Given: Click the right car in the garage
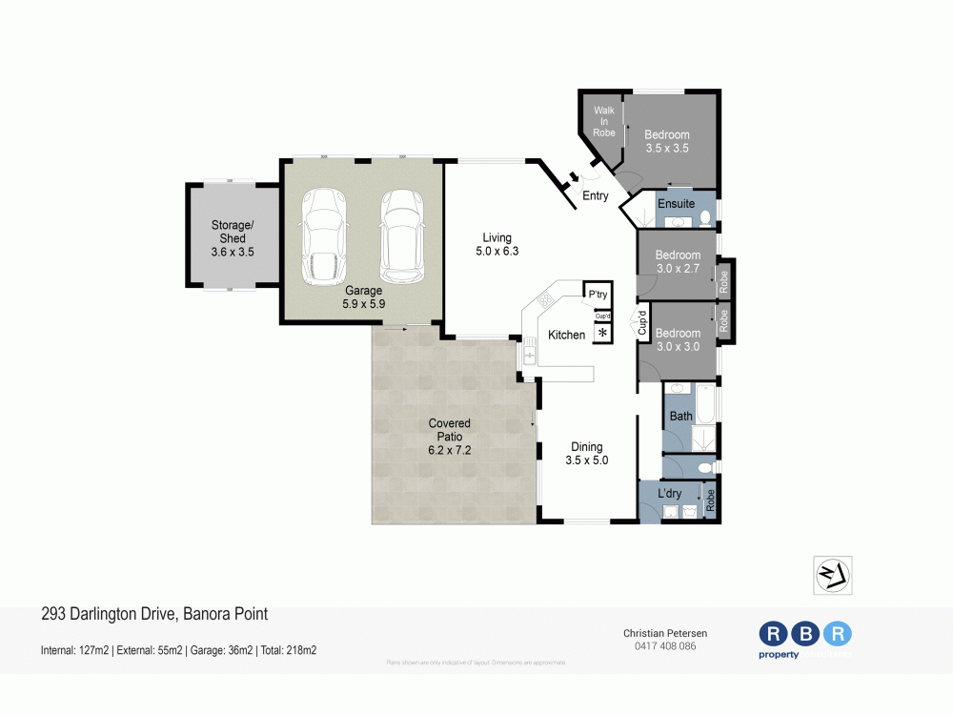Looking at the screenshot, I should (x=401, y=233).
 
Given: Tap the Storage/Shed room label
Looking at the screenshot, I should (x=233, y=238).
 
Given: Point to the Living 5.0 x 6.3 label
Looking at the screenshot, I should (x=497, y=244).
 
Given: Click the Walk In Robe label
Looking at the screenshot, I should (x=604, y=121).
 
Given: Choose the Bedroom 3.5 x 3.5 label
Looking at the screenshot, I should (x=666, y=141).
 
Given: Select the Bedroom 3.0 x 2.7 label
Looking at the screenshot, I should (x=678, y=262).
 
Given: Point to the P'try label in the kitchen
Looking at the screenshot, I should (x=598, y=295).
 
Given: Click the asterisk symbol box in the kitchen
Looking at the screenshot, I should (x=602, y=333).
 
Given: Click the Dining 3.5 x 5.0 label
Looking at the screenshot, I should (x=586, y=453).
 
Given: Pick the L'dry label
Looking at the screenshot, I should (x=670, y=493).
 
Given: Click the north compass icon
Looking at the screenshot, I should (x=832, y=576).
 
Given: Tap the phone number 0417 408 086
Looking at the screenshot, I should (x=665, y=646).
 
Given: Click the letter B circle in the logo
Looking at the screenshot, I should (x=806, y=634).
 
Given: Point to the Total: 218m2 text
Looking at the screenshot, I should (x=288, y=650).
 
